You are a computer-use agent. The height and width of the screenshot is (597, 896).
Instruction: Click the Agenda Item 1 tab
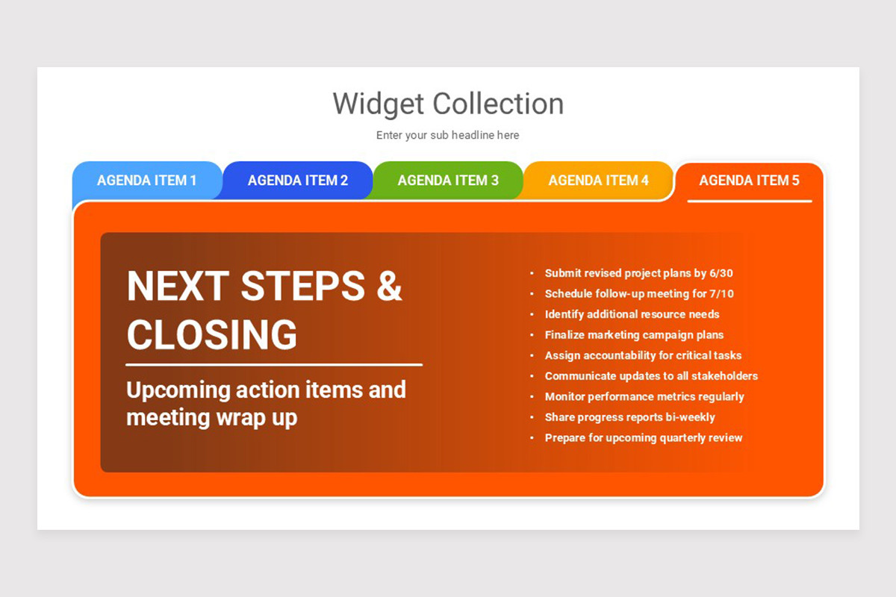(147, 181)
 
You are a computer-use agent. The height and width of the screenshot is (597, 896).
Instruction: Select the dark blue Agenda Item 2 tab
(298, 181)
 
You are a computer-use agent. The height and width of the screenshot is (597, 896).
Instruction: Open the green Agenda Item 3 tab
(448, 181)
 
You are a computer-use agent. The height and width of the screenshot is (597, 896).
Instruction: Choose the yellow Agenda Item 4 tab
(598, 181)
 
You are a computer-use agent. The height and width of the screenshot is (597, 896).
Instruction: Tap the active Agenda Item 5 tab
(749, 181)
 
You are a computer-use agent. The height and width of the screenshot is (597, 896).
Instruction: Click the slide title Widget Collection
(448, 104)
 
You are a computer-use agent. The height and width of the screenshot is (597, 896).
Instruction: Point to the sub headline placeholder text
(448, 135)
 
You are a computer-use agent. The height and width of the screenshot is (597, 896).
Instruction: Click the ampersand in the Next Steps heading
(389, 285)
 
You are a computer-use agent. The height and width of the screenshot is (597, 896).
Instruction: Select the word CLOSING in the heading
(212, 334)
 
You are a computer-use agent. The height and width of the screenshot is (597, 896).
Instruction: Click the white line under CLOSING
(274, 365)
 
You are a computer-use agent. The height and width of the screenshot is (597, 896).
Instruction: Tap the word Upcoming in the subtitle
(178, 390)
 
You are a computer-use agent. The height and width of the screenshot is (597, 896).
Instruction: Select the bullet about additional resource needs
(632, 314)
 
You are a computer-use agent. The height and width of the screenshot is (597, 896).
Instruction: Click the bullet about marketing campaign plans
(634, 335)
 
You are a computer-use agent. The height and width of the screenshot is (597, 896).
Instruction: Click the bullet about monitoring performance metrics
(644, 397)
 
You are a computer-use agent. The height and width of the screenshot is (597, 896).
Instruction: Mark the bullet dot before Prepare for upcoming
(532, 438)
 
